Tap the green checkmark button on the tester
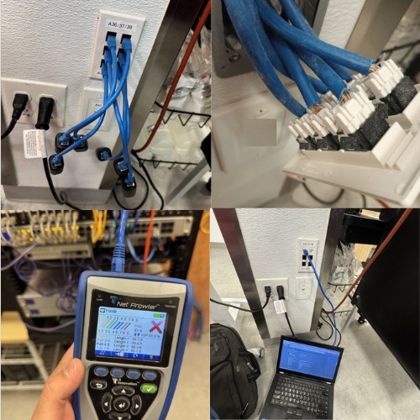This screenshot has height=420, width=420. point(149,387)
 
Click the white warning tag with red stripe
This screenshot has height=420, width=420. point(34,142)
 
